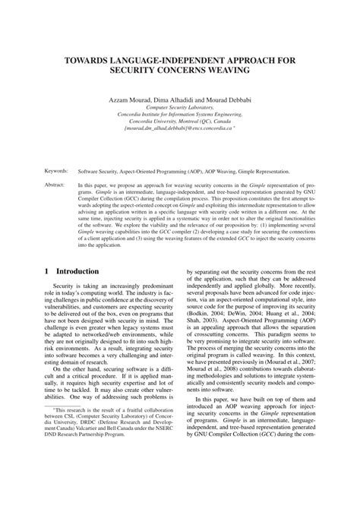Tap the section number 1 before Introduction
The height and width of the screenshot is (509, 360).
46,271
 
